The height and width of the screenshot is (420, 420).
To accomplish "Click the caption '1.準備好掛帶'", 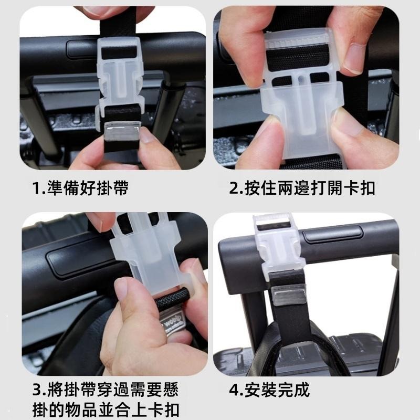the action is pyautogui.click(x=80, y=188).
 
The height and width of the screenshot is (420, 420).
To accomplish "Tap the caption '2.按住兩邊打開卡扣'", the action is pyautogui.click(x=302, y=188).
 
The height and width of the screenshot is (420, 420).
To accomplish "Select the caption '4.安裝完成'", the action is pyautogui.click(x=269, y=390).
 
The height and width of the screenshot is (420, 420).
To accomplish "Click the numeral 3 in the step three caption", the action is pyautogui.click(x=36, y=390).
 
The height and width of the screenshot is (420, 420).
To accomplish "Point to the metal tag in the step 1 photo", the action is pyautogui.click(x=122, y=131).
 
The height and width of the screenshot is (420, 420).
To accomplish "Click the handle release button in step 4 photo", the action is pyautogui.click(x=332, y=234).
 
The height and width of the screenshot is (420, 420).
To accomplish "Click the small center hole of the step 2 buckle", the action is pyautogui.click(x=301, y=78).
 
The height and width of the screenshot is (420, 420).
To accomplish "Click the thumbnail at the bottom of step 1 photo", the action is pyautogui.click(x=147, y=135).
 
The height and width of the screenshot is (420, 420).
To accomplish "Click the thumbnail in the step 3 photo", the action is pyautogui.click(x=121, y=289).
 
